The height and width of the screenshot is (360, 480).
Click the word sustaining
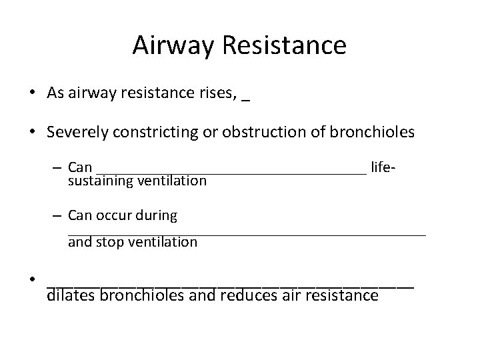pos(100,180)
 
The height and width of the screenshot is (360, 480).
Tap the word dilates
pos(71,294)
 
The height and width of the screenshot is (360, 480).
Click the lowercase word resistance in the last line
pos(341,294)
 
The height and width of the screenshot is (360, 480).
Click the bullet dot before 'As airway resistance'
pos(32,93)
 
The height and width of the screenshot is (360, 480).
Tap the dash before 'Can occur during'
pos(59,216)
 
